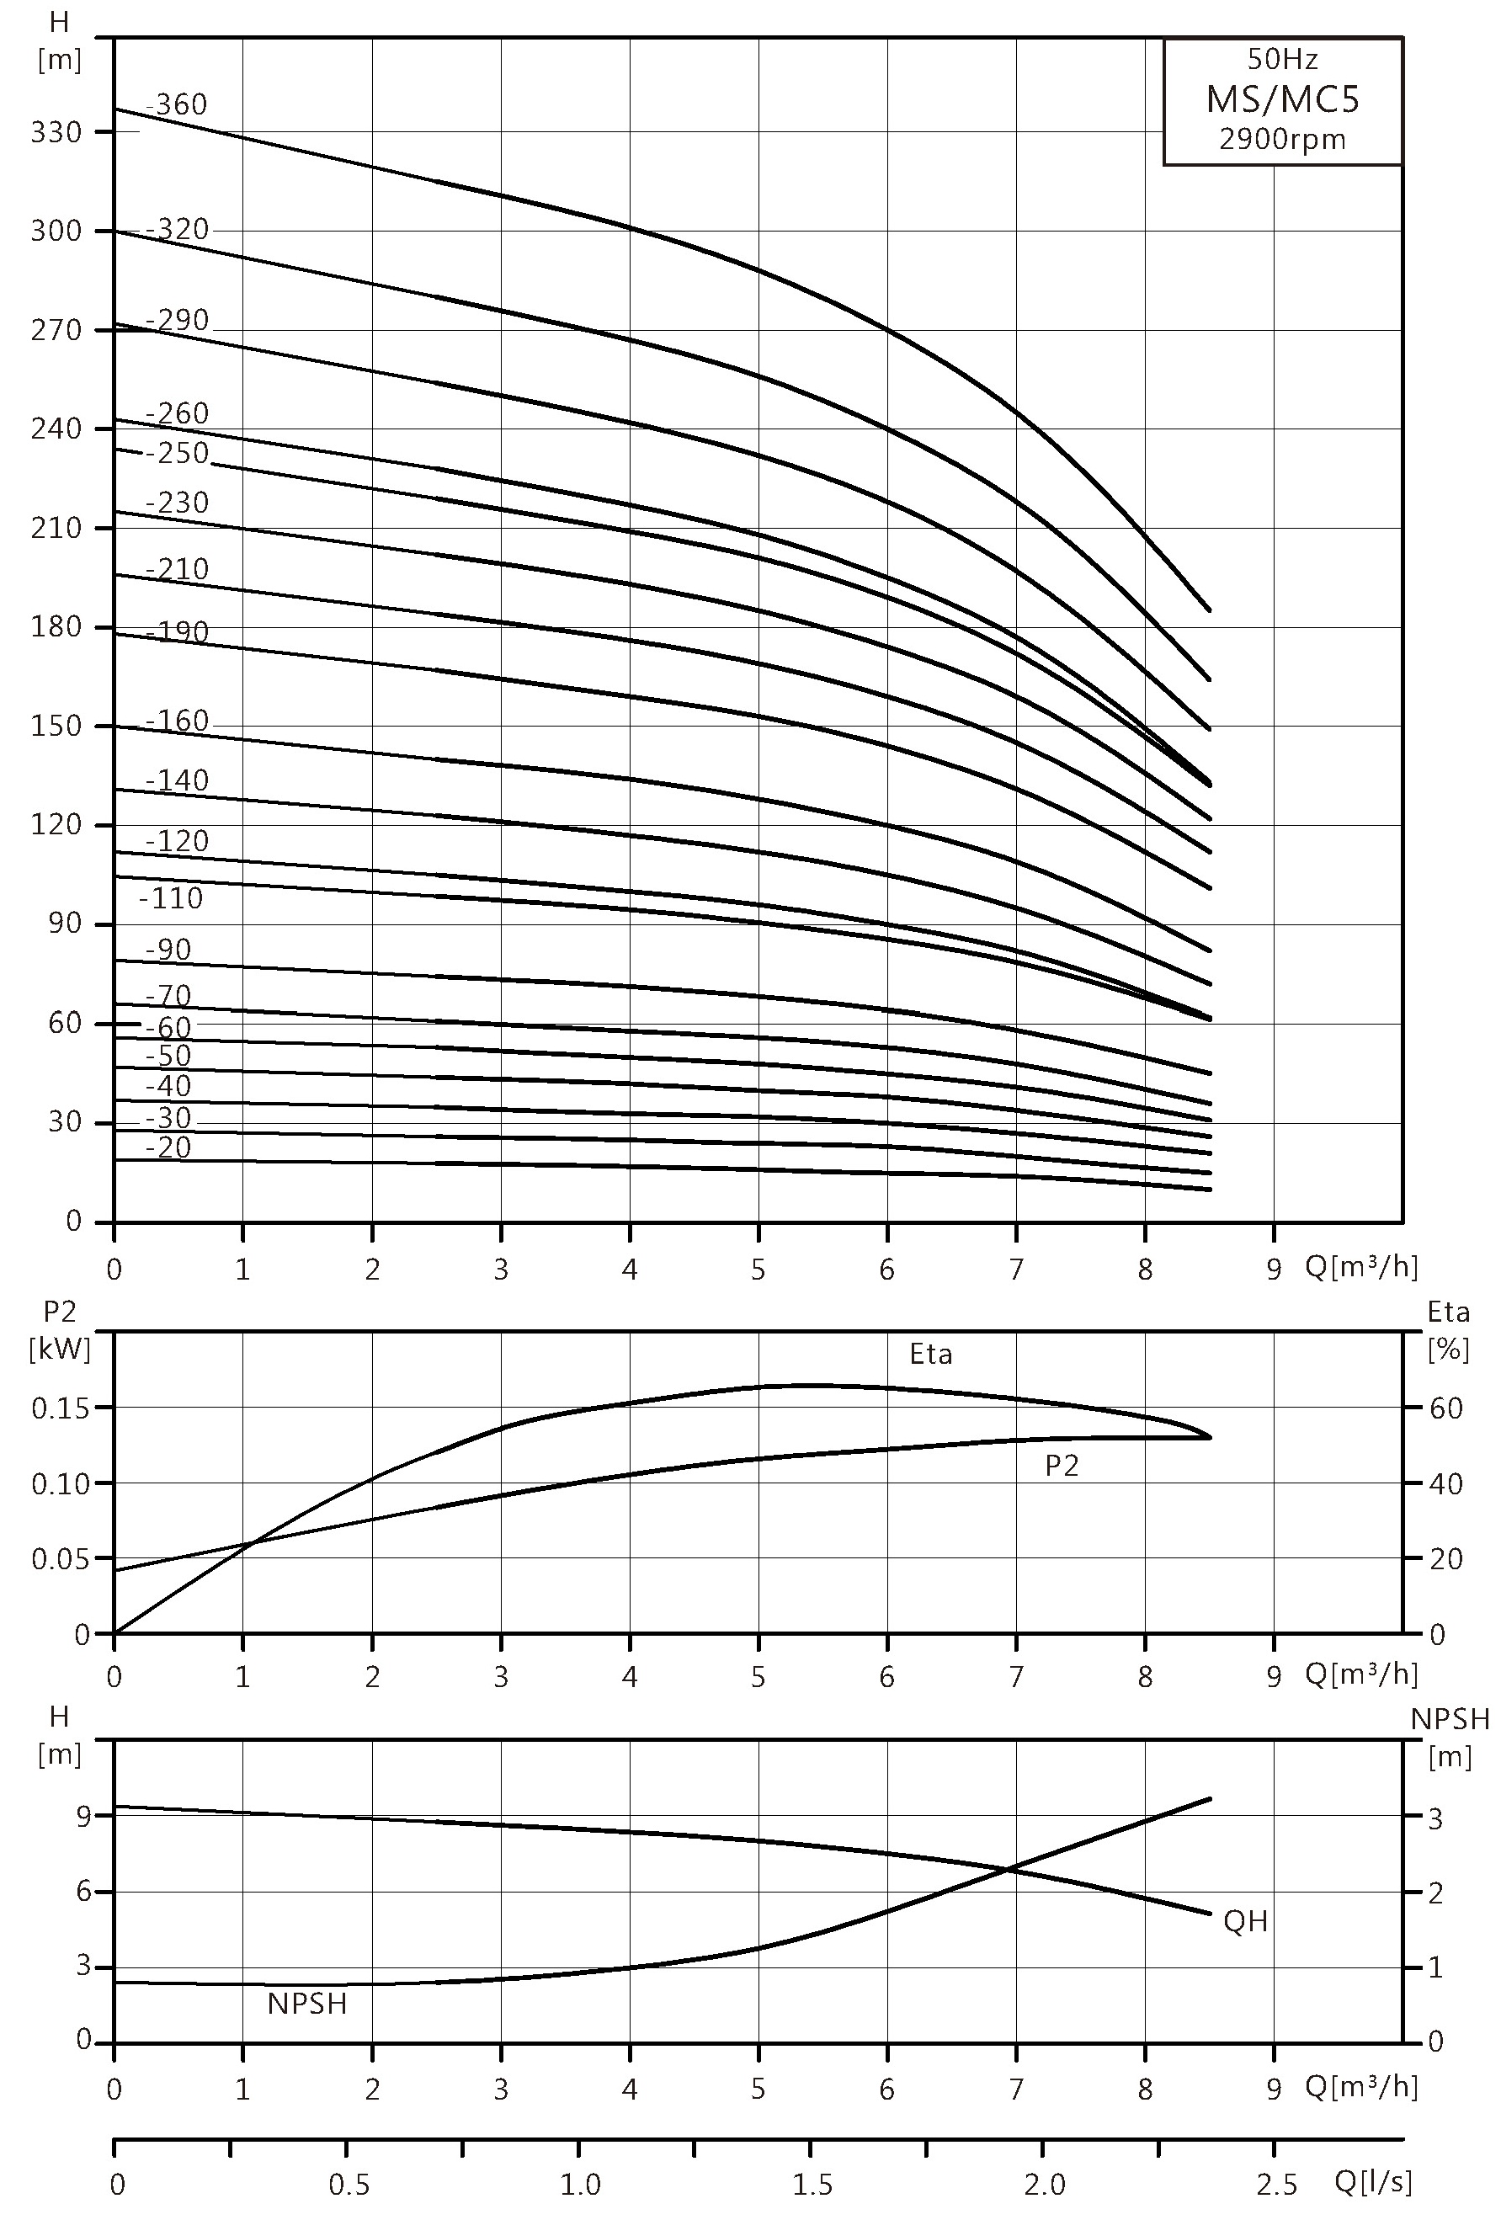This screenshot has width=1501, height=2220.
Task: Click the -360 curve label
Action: coord(177,104)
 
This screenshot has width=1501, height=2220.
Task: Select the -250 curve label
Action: coord(177,453)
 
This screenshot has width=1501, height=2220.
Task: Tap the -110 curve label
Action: coord(171,898)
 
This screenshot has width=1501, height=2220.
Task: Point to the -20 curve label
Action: coord(168,1147)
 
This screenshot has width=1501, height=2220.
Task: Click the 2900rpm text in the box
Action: coord(1282,141)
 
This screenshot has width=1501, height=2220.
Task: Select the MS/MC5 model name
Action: coord(1282,98)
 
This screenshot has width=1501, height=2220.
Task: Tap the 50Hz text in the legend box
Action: coord(1282,59)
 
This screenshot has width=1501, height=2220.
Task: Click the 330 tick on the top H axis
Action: coord(56,132)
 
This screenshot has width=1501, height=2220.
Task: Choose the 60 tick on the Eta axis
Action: coord(1446,1408)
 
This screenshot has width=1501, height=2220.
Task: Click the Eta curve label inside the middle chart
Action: coord(930,1354)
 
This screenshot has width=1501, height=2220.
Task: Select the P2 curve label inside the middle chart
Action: coord(1062,1466)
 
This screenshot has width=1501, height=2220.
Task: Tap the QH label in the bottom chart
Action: coord(1246,1921)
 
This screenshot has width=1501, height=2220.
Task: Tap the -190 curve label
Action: coord(177,631)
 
